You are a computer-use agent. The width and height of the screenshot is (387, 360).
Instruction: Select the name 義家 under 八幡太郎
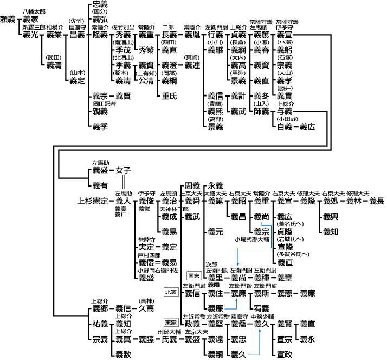(x=31, y=18)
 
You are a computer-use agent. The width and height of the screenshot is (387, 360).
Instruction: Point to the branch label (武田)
(x=54, y=57)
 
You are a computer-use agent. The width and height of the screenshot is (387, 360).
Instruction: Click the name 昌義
(x=77, y=34)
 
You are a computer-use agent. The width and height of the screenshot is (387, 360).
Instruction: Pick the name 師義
(x=261, y=111)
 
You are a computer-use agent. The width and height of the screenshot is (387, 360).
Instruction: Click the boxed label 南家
(x=193, y=276)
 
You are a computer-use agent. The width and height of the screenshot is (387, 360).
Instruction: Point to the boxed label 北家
(x=171, y=292)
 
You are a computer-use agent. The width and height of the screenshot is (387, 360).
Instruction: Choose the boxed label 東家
(x=171, y=323)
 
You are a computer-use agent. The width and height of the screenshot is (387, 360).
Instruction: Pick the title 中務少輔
(x=263, y=316)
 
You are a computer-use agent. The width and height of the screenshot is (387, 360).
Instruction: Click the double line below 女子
(x=124, y=181)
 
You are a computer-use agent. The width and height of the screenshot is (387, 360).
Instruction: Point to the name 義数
(x=124, y=355)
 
